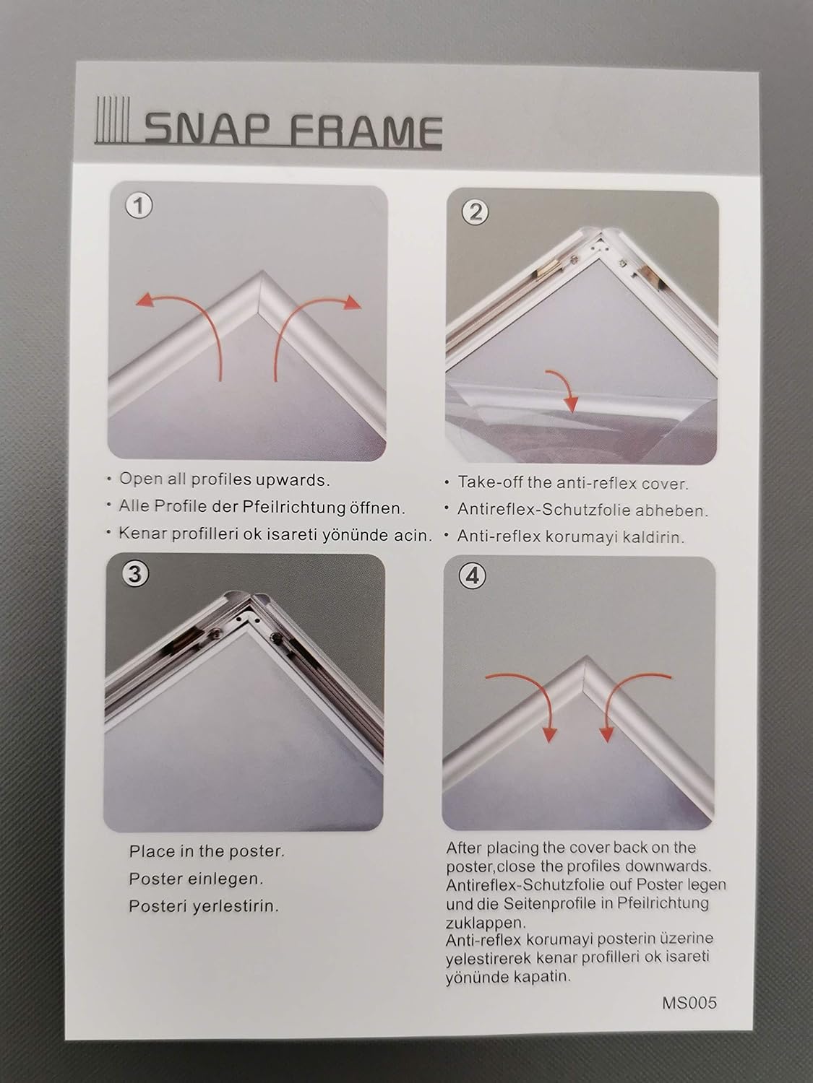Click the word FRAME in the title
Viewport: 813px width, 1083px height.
[365, 131]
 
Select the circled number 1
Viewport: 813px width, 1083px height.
[139, 205]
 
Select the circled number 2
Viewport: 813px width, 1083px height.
[475, 212]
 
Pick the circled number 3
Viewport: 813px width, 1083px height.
[135, 574]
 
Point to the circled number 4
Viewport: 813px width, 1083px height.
[473, 575]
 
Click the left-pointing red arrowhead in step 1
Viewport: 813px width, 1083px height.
[144, 300]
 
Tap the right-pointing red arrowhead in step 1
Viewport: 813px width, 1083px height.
[353, 302]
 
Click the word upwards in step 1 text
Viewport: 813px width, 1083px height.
[295, 480]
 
